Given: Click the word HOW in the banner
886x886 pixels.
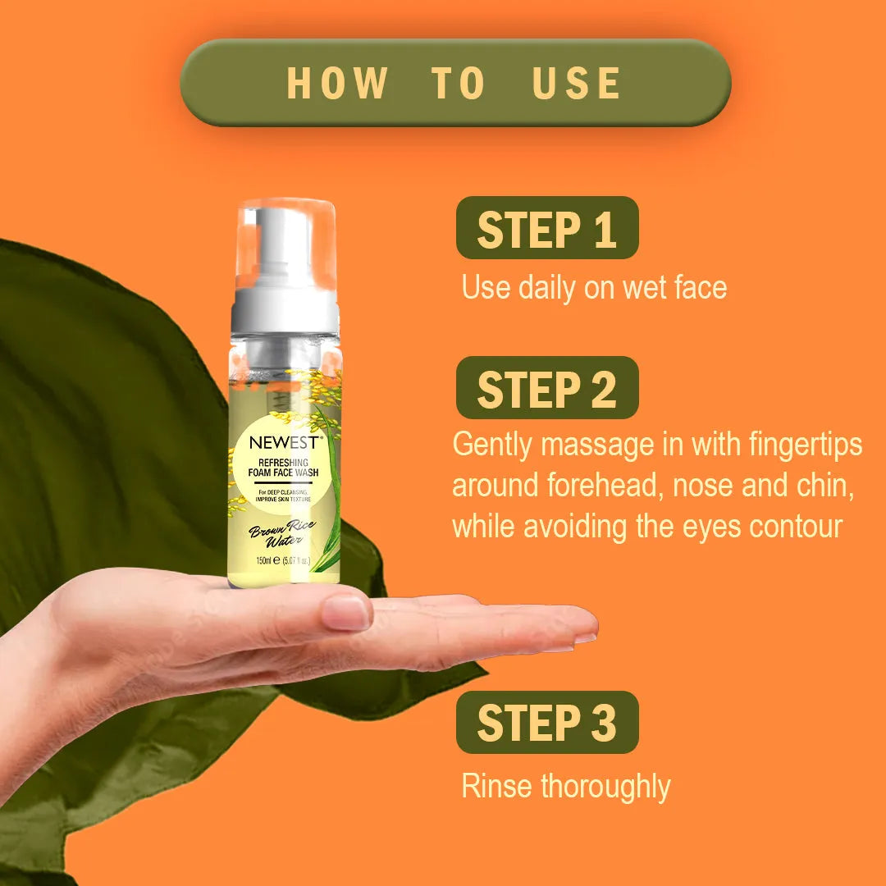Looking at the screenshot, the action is point(337,83).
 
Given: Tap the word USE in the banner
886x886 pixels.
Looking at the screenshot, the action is point(577,83).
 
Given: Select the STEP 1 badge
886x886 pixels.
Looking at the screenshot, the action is point(547,228).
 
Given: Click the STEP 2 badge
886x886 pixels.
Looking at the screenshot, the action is point(547,387).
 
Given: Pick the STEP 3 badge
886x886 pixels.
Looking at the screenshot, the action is point(547,722).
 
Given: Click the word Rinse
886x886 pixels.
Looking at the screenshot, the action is point(496,787).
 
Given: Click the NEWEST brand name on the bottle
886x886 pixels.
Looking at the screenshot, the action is point(286,442).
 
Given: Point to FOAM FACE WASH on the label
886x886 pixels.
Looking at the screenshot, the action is point(283,473).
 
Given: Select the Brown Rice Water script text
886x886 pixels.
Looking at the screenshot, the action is point(282,534).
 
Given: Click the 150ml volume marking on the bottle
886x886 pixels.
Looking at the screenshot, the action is point(264,560).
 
